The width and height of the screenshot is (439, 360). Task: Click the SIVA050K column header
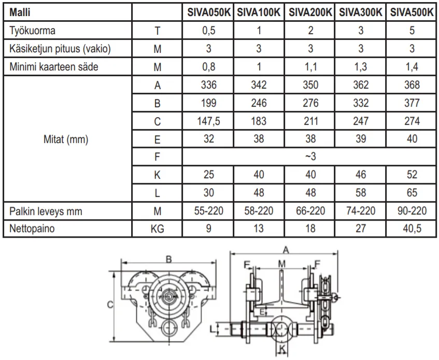click(x=209, y=12)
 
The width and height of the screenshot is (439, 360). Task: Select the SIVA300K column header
click(x=361, y=12)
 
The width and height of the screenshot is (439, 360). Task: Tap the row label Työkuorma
click(x=32, y=31)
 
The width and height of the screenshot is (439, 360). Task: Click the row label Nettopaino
click(x=32, y=228)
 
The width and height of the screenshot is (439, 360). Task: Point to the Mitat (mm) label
click(x=66, y=139)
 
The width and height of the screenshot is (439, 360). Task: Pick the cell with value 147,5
click(x=208, y=121)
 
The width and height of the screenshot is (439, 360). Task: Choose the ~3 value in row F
click(x=310, y=156)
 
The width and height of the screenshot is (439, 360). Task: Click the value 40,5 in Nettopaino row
click(x=412, y=228)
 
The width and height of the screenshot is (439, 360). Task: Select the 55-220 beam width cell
click(x=208, y=211)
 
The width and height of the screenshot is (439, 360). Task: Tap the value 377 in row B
click(x=412, y=103)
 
